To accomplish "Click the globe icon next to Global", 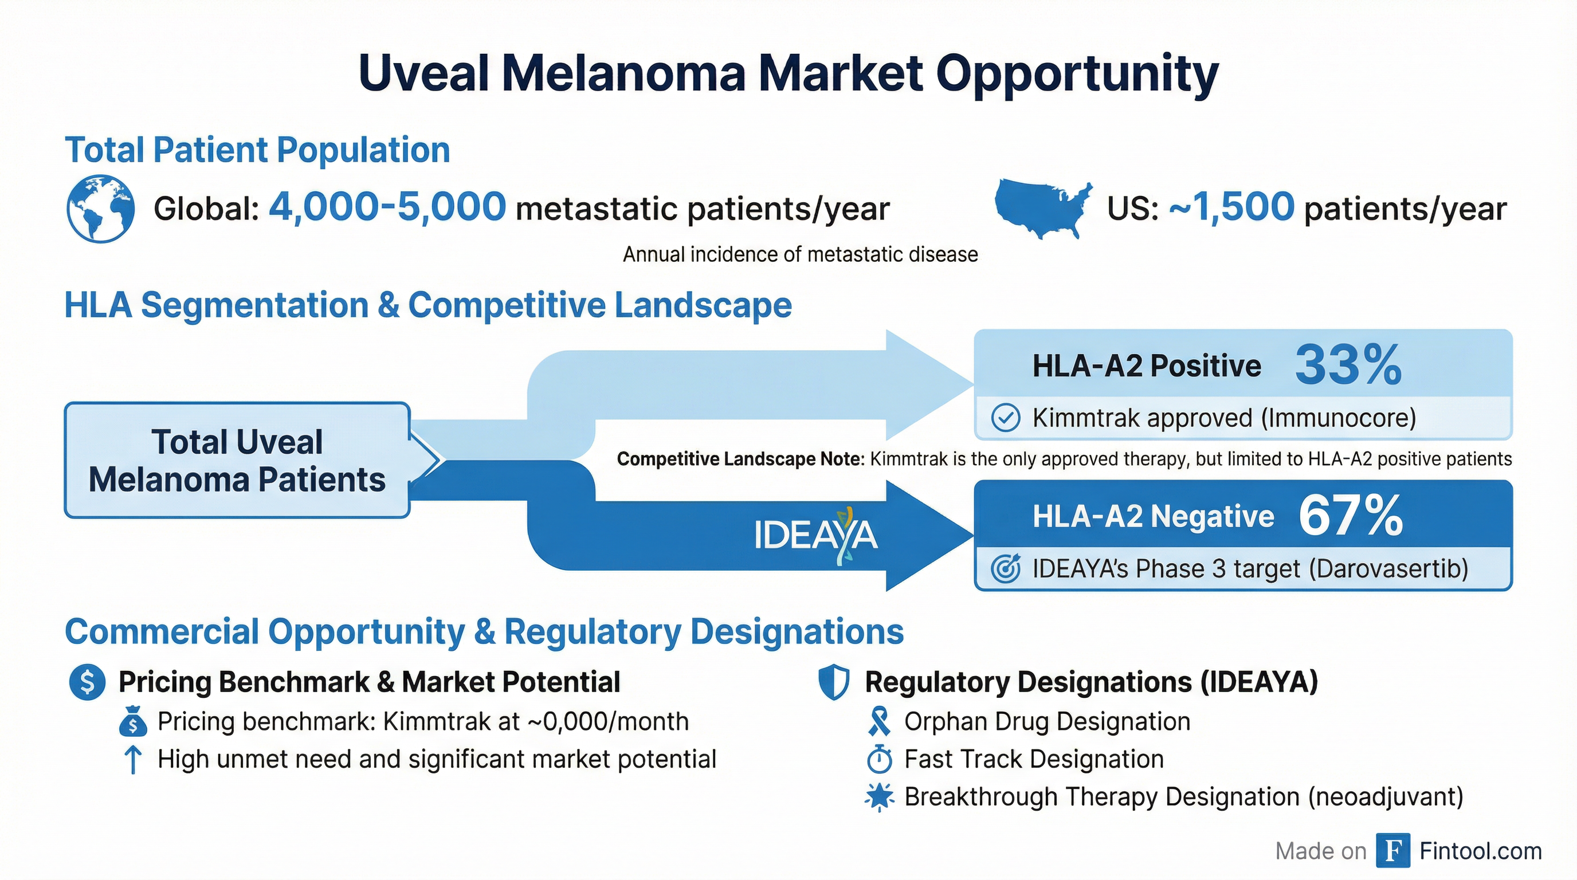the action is pos(100,209).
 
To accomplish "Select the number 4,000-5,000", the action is pos(387,207).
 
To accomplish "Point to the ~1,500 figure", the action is pos(1231,207).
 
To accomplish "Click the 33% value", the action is pos(1349,365).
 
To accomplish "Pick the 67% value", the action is pos(1351,516).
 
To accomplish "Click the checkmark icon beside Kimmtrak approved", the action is pos(1005,419).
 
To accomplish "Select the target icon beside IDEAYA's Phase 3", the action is pos(1006,568).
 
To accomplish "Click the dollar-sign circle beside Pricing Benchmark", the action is pos(88,682).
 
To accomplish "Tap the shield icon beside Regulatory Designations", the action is pos(834,683).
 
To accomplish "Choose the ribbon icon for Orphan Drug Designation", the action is pos(879,721).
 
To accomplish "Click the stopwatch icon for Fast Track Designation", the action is pos(880,759).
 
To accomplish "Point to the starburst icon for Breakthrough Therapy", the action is pos(880,797).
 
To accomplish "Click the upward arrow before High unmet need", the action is pos(133,760).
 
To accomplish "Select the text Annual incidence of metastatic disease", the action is pos(800,254).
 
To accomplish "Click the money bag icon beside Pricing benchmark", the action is pos(133,721).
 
